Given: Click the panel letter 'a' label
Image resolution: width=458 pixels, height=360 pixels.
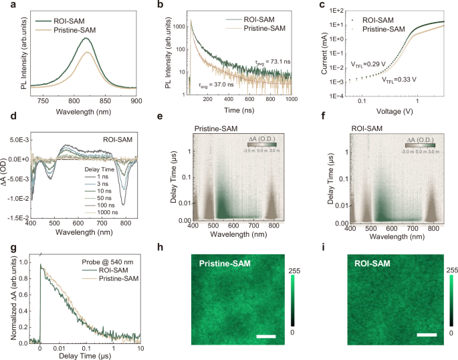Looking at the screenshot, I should [x=6, y=6].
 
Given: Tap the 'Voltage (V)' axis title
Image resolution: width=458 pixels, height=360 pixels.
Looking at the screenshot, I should [x=394, y=110].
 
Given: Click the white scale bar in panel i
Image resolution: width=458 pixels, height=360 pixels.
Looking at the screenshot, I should [x=426, y=333].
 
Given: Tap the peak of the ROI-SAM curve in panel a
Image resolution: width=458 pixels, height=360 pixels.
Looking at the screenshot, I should [x=86, y=38].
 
